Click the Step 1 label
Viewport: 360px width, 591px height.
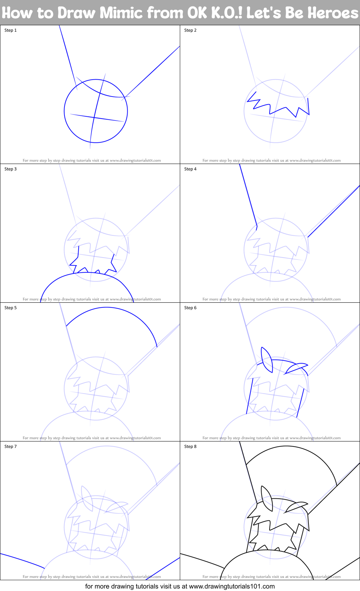click(x=10, y=30)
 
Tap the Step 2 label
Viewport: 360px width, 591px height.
click(x=190, y=30)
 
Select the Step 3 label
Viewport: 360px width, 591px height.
click(x=10, y=169)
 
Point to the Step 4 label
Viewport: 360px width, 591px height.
click(x=190, y=169)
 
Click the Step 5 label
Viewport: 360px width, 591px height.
click(x=10, y=308)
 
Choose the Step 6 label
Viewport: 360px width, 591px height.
click(x=190, y=308)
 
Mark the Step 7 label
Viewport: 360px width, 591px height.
click(x=10, y=446)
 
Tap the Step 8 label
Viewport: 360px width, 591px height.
click(x=190, y=446)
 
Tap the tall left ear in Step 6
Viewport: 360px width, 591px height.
click(x=267, y=359)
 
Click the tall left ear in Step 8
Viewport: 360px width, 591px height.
click(x=267, y=498)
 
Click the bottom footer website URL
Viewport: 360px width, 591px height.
click(x=232, y=586)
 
